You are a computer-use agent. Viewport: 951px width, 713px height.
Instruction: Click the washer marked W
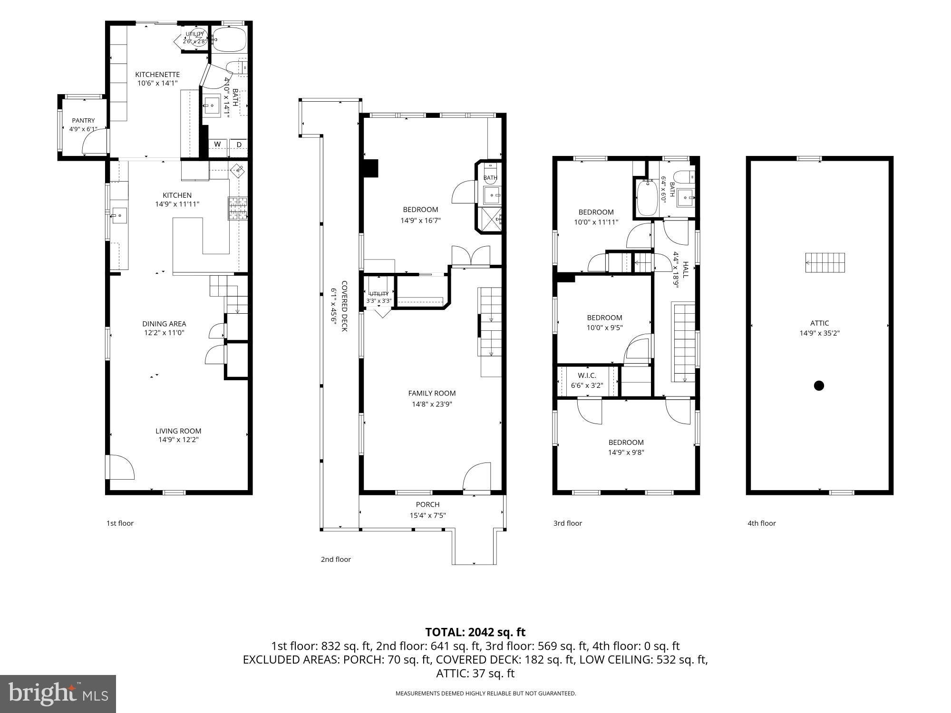coord(218,145)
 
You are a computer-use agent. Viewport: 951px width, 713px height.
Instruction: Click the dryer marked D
coord(239,145)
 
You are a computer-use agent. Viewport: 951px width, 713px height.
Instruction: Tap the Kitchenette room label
coord(157,75)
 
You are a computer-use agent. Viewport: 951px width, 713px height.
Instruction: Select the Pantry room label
coord(83,121)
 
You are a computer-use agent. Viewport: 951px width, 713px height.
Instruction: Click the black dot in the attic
coord(819,385)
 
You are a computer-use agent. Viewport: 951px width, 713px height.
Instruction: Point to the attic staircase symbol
coord(825,263)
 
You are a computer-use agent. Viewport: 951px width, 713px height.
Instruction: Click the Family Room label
coord(432,393)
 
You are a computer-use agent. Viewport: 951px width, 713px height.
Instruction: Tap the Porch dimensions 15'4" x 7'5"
coord(427,515)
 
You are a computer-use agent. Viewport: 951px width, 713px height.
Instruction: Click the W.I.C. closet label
coord(587,376)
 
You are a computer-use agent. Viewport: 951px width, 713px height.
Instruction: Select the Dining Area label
coord(164,324)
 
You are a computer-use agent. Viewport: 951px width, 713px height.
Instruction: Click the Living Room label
coord(178,431)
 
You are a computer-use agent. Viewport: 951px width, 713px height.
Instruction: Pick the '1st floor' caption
coord(120,523)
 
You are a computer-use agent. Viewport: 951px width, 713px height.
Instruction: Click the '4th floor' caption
coord(762,523)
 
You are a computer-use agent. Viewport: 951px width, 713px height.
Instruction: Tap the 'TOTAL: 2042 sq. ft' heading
coord(475,632)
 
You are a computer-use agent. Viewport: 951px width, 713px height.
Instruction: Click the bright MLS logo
coord(58,694)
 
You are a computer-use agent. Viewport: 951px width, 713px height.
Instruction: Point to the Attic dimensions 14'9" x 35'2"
coord(819,333)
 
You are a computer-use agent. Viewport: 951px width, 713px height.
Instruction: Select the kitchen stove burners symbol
coord(238,209)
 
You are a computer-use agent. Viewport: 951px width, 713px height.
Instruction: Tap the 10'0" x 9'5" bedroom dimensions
coord(604,328)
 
